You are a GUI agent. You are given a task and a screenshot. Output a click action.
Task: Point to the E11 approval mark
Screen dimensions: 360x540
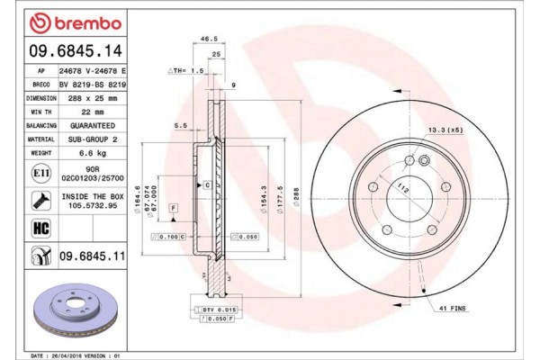41,174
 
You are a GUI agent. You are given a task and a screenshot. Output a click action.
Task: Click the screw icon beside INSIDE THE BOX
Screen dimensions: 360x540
41,199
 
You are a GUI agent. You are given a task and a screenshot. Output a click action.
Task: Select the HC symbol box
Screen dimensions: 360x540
41,229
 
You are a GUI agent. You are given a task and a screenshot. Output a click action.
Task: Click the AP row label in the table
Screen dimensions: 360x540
41,68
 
